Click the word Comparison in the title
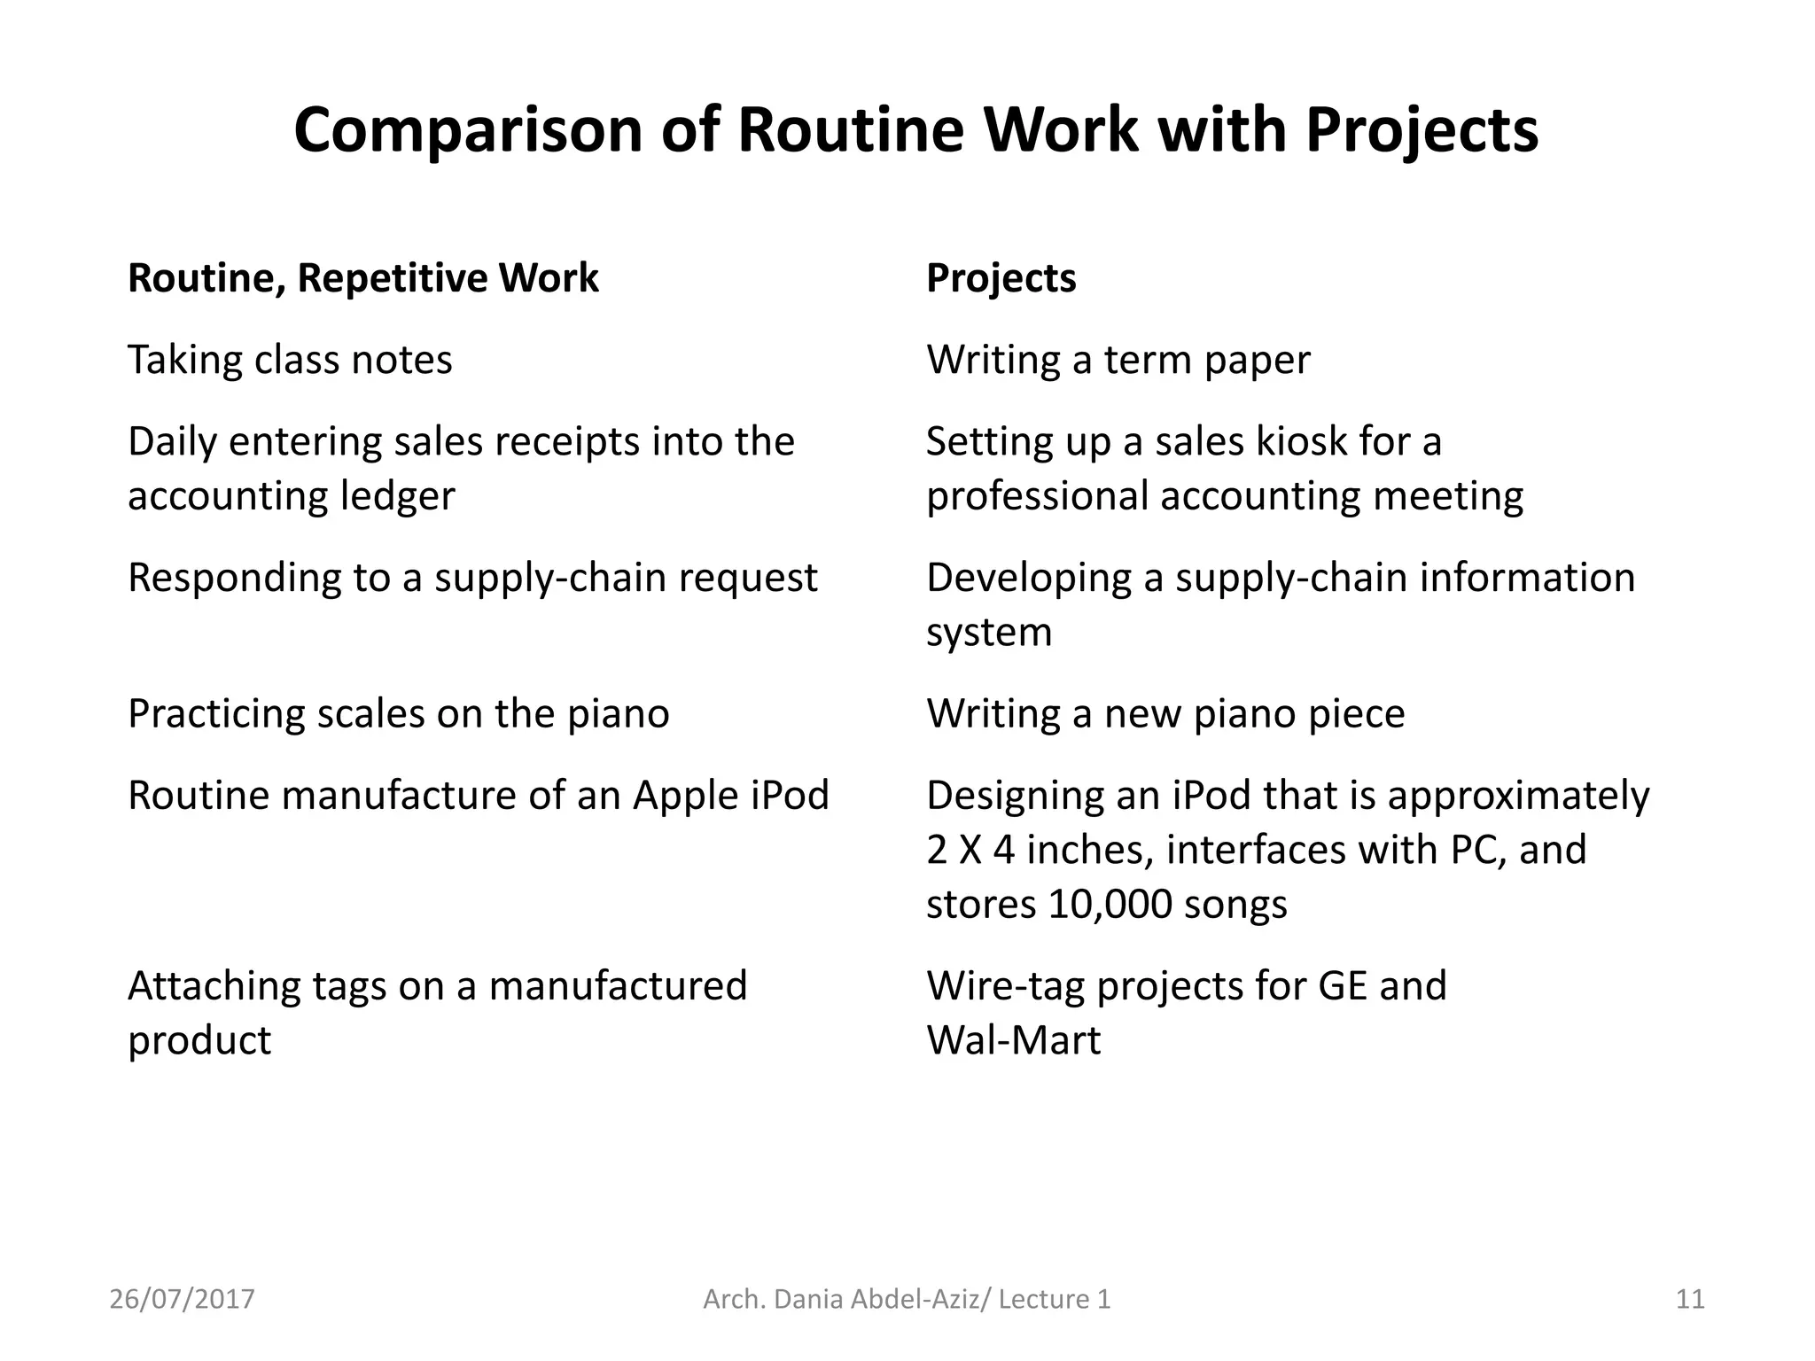tap(467, 131)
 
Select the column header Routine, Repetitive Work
tap(362, 278)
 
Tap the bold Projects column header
tap(1001, 278)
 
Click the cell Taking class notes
tap(290, 360)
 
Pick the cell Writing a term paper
tap(1118, 360)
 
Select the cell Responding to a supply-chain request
tap(472, 578)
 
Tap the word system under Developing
tap(989, 633)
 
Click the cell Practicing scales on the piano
tap(398, 714)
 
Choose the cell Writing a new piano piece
tap(1165, 714)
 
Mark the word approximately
tap(1518, 796)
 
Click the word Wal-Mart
tap(1013, 1040)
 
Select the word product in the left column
tap(199, 1040)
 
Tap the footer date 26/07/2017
tap(182, 1299)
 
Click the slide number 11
tap(1690, 1299)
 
